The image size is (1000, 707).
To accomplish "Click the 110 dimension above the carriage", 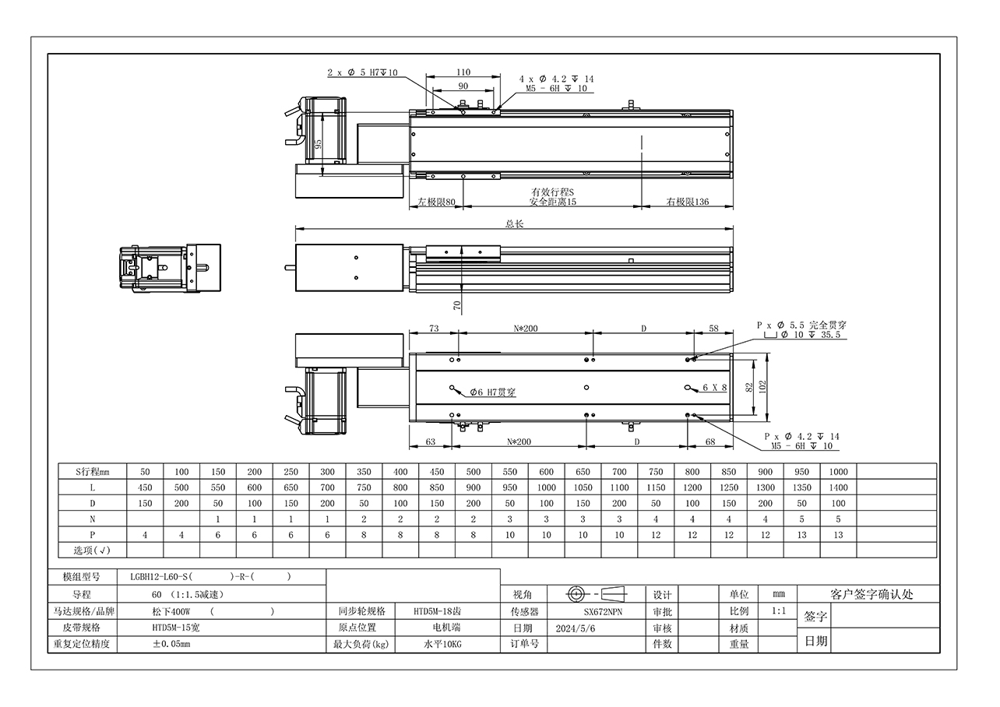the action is [x=463, y=72].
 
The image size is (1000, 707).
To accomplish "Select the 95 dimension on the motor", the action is [x=318, y=144].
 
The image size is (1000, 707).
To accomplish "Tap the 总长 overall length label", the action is [x=514, y=223].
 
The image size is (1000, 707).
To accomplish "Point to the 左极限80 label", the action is [x=436, y=202].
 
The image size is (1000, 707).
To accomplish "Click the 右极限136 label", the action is [x=688, y=202].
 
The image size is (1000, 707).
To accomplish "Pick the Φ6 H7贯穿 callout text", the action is [x=493, y=392].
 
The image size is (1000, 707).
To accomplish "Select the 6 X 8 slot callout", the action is [x=715, y=388].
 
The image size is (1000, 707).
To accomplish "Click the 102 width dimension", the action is [x=762, y=386].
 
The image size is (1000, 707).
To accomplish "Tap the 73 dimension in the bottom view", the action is [x=434, y=329].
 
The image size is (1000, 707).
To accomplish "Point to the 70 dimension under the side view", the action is [x=456, y=306].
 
